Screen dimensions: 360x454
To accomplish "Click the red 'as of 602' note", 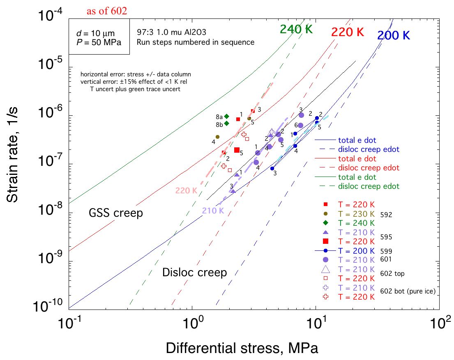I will tap(106, 11).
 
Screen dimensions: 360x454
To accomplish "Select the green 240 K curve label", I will tap(295, 29).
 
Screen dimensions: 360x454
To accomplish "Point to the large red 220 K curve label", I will tap(348, 32).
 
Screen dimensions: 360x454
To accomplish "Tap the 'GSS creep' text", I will tap(116, 213).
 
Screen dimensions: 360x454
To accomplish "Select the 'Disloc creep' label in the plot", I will tap(195, 272).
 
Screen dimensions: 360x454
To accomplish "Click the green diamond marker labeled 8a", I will tap(226, 116).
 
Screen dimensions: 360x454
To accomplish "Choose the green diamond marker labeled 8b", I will tap(226, 123).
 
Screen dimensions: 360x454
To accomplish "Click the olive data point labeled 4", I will tap(217, 137).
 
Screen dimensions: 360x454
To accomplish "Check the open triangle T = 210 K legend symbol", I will tap(325, 269).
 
